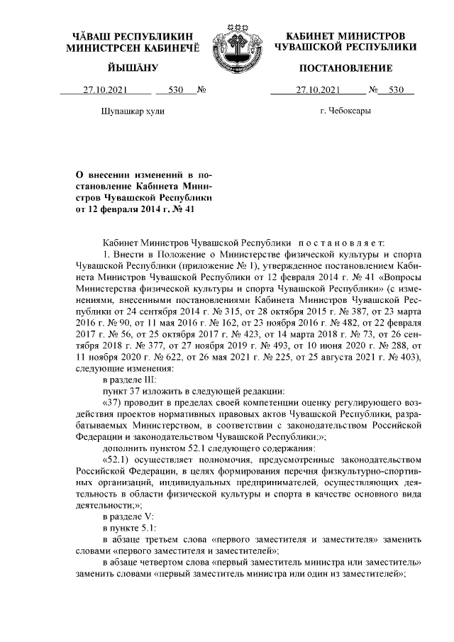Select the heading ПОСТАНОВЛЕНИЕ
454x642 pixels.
pyautogui.click(x=345, y=67)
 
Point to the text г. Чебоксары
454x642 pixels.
pyautogui.click(x=345, y=111)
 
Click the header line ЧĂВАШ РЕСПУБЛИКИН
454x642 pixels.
pyautogui.click(x=132, y=35)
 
